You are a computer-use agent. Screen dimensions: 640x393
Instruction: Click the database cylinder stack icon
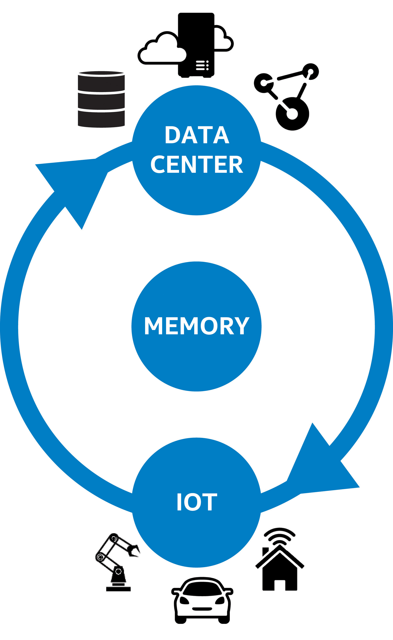tap(101, 99)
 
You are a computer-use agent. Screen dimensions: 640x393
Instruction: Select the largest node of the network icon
tap(292, 114)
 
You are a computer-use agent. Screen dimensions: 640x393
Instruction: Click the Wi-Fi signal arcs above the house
tap(280, 535)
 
